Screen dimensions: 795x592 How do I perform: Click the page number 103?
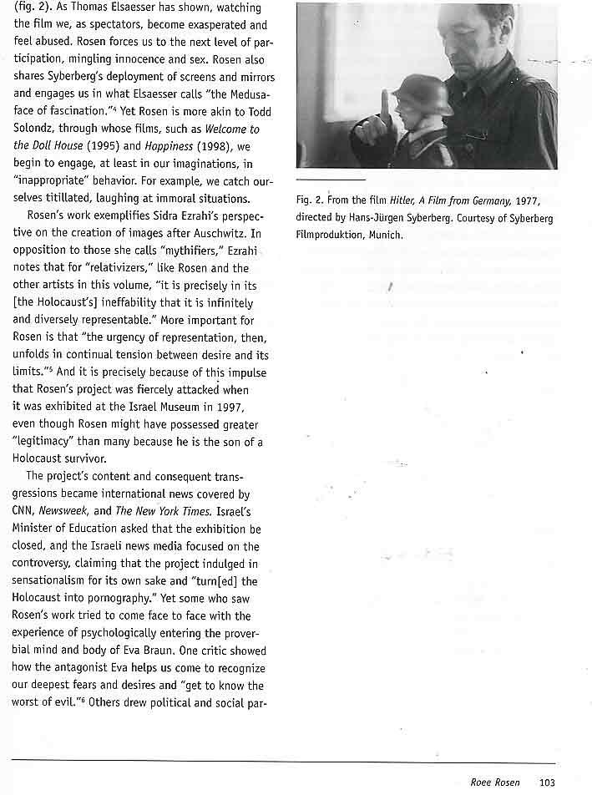tap(547, 782)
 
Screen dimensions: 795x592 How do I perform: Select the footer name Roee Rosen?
tap(494, 782)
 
